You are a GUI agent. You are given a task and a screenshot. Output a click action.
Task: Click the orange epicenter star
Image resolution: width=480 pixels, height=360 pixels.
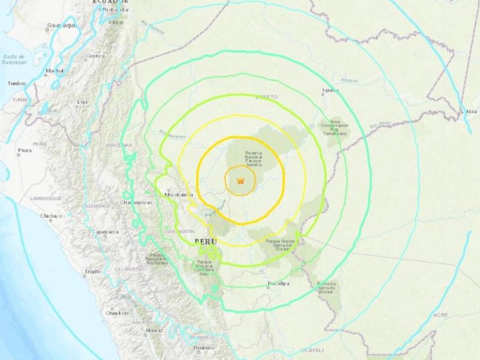click(x=241, y=180)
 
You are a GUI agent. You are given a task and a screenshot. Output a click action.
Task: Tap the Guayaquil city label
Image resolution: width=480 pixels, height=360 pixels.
click(x=59, y=26)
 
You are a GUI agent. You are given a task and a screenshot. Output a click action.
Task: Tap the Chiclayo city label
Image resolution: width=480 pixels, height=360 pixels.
click(x=51, y=215)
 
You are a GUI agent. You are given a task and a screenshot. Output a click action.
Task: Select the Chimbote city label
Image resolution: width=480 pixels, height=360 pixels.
click(x=117, y=313)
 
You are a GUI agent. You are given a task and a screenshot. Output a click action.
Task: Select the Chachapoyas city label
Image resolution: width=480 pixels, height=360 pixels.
click(x=136, y=203)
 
